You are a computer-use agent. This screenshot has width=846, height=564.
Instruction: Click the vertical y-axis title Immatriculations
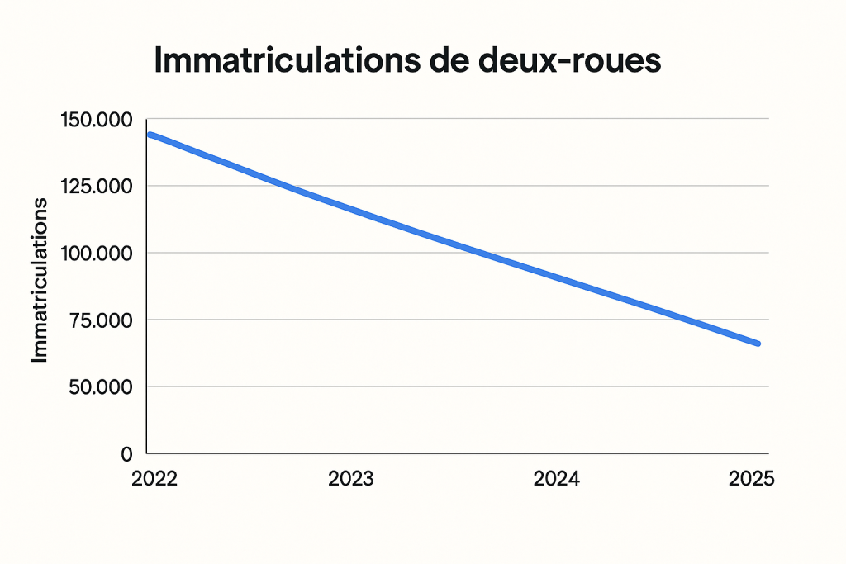coord(40,280)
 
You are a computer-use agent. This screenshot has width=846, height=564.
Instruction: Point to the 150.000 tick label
coord(96,120)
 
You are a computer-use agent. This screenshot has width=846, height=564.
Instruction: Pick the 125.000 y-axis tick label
coord(96,187)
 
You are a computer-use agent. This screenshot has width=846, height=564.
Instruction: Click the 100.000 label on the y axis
coord(96,254)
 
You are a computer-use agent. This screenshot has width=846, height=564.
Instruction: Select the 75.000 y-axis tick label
coord(101,320)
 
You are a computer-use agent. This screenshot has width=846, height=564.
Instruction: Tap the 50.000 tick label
coord(100,387)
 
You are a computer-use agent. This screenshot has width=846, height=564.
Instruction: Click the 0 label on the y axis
coord(126,454)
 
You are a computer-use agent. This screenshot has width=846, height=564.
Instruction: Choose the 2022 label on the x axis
coord(154,480)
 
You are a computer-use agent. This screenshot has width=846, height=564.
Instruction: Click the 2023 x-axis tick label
coord(351,480)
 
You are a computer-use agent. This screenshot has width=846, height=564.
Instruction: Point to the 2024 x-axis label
coord(556,480)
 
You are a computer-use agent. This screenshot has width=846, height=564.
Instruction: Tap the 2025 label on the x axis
coord(751,480)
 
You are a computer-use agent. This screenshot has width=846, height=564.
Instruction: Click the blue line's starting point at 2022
coord(150,134)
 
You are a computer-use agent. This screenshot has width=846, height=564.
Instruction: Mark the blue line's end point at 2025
coord(758,344)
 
